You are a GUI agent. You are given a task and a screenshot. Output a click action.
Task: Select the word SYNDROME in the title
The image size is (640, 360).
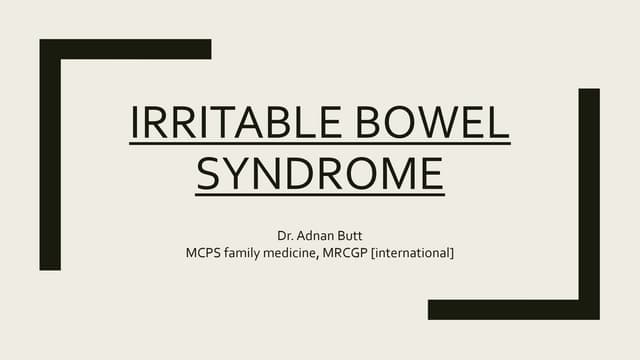[x=319, y=174]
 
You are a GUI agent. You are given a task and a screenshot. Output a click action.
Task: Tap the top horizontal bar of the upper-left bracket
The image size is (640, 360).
[x=125, y=49]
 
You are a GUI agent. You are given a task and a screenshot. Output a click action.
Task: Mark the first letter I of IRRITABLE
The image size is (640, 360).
[x=136, y=124]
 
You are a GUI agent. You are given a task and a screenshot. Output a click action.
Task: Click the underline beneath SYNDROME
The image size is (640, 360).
[x=319, y=194]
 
